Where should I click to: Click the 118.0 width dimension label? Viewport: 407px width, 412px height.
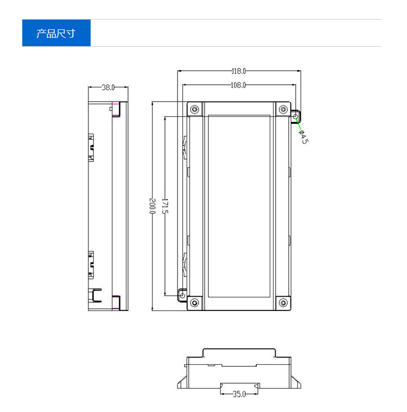239,71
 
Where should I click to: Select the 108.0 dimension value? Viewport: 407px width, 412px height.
238,85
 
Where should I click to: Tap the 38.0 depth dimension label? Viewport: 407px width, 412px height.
108,87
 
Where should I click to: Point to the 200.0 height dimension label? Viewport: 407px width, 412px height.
152,206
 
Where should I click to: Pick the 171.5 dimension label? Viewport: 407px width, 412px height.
165,206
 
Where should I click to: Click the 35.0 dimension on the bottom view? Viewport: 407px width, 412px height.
239,394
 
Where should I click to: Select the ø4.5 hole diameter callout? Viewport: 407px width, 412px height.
303,137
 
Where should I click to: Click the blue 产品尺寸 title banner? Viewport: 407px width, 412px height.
56,33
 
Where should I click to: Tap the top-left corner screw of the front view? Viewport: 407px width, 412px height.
194,109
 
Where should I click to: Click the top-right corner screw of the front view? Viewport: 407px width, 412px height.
283,109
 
